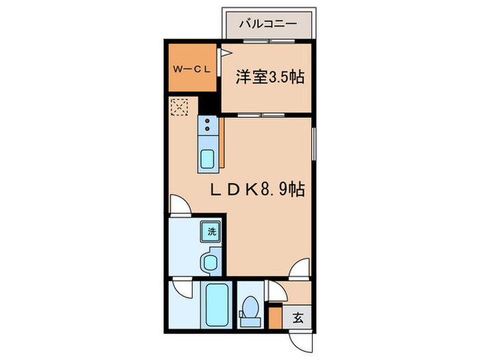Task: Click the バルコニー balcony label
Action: point(267,24)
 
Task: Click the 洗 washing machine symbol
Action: point(212,231)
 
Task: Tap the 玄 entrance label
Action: point(299,317)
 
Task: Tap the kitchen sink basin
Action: point(207,158)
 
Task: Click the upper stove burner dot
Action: point(207,122)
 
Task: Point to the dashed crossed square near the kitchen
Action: point(180,108)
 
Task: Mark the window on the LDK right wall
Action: point(313,144)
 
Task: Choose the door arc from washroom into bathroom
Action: point(180,287)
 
